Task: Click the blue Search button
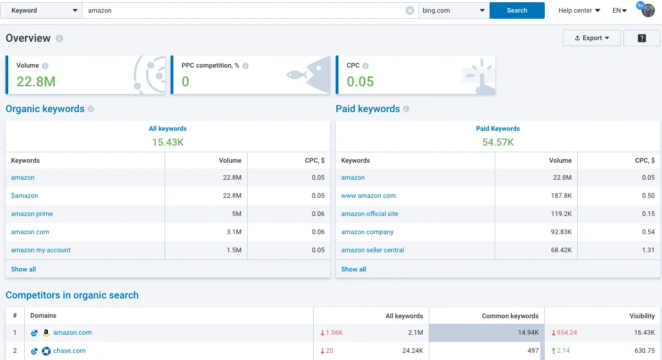coord(517,10)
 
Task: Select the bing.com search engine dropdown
coord(453,10)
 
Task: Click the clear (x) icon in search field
coord(410,10)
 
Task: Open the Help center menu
coord(579,10)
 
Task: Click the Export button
coord(592,38)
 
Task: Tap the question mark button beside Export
coord(642,38)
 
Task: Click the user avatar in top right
coord(648,10)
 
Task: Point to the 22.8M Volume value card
coord(36,81)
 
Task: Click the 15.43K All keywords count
coord(167,142)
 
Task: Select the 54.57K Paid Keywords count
coord(497,142)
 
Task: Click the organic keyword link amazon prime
coord(32,214)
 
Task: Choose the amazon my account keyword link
coord(41,250)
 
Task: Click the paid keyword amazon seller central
coord(373,250)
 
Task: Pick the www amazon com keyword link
coord(368,196)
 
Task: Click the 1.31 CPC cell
coord(648,250)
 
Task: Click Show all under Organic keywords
coord(24,269)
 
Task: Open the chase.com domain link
coord(69,351)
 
